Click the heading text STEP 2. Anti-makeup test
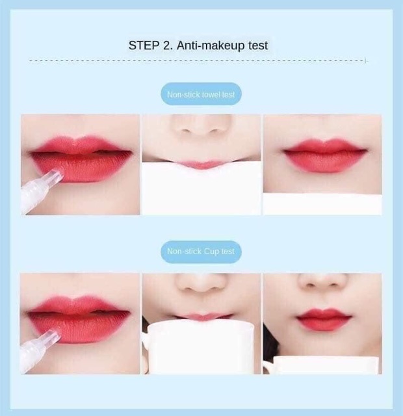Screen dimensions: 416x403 (x=198, y=45)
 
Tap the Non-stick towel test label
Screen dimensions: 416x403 (x=201, y=95)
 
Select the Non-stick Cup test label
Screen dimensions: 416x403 (x=201, y=252)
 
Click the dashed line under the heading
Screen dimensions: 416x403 (x=198, y=60)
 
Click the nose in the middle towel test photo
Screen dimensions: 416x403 (x=201, y=127)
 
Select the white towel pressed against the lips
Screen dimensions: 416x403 (x=201, y=188)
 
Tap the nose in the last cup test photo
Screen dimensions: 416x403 (x=322, y=283)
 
